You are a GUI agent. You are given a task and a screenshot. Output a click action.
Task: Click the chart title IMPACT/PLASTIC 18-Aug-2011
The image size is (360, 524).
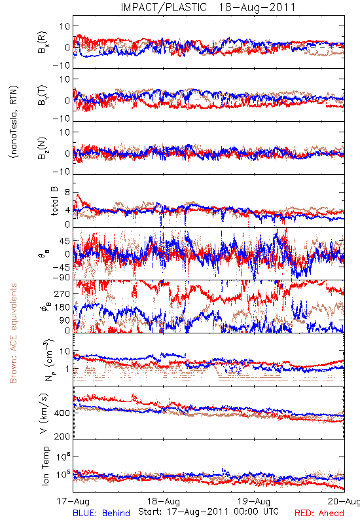208,7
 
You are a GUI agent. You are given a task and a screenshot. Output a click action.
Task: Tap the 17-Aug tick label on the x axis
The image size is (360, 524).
73,501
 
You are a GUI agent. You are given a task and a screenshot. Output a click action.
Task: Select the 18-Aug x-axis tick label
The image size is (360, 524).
164,501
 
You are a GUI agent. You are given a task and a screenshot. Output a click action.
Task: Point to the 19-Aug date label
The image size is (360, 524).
254,501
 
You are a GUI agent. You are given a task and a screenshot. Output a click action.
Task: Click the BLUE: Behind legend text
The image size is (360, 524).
101,514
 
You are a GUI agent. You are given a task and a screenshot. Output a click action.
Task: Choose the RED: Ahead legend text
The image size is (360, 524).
319,514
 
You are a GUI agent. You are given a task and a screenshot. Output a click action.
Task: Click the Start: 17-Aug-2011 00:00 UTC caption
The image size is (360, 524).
208,512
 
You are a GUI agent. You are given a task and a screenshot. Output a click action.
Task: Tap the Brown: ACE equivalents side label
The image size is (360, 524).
13,333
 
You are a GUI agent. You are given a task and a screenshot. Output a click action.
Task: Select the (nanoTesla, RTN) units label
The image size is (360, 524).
14,122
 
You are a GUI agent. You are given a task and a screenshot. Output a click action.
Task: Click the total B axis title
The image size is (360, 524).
54,201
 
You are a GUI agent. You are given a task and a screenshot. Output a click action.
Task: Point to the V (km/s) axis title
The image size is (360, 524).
44,413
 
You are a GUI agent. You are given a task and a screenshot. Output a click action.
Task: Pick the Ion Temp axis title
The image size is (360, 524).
45,466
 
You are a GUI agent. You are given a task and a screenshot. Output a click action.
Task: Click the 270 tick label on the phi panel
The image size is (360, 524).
62,293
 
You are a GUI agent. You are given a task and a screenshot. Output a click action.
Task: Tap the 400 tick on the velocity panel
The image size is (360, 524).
62,413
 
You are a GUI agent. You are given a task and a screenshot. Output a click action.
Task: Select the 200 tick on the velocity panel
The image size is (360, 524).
62,436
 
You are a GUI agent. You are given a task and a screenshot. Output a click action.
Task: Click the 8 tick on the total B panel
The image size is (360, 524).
67,193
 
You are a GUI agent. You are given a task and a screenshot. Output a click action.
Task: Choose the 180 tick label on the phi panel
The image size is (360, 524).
62,307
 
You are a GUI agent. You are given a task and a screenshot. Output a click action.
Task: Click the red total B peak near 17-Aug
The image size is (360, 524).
78,194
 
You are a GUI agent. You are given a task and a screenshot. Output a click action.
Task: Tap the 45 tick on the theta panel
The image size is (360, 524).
65,241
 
